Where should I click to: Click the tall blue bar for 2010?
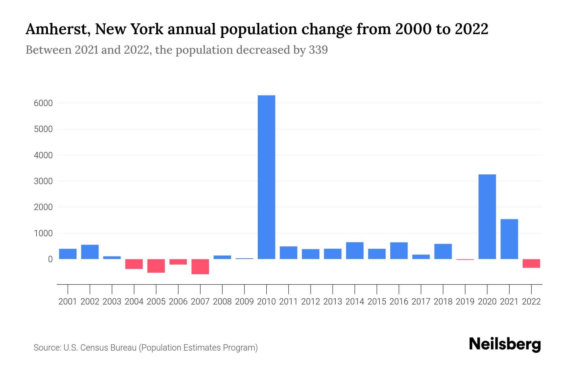click(x=266, y=177)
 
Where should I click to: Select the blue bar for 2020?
click(x=487, y=217)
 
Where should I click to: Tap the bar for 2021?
click(x=509, y=239)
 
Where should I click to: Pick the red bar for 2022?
click(x=531, y=263)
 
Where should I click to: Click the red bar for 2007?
click(x=200, y=267)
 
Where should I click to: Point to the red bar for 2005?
click(x=156, y=266)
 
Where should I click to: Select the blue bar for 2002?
click(x=90, y=252)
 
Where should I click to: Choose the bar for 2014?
click(x=355, y=250)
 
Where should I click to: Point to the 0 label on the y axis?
click(x=50, y=259)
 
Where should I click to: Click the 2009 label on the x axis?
click(x=244, y=302)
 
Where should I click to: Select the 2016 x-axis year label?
click(x=399, y=302)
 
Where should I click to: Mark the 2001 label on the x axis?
click(x=68, y=302)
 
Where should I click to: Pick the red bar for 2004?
click(x=134, y=264)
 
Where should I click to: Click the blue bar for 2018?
click(x=443, y=251)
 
